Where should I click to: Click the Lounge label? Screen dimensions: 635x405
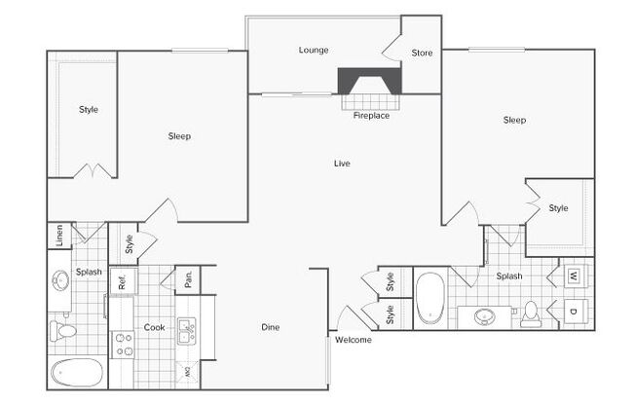coord(314,51)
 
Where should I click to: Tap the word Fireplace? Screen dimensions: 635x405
coord(371,116)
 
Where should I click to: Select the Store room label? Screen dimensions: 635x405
coord(422,53)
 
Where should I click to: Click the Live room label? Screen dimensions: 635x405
coord(342,164)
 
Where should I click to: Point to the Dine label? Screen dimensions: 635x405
coord(271,327)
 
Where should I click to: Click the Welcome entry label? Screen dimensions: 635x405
coord(354,340)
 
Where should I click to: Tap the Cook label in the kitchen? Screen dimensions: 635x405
coord(154,327)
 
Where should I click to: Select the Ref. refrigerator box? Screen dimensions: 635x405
coord(124,280)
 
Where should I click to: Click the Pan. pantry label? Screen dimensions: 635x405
coord(188,279)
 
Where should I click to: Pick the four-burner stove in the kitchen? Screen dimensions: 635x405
coord(123,345)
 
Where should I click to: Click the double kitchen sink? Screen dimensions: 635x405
coord(187,331)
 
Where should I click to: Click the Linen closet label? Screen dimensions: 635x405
coord(59,236)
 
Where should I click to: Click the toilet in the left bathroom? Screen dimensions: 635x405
coord(62,331)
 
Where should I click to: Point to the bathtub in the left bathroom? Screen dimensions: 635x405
coord(77,372)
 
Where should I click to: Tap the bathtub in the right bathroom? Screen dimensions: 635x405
coord(430,298)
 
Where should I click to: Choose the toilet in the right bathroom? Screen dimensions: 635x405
coord(530,314)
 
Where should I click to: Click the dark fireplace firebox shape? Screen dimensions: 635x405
coord(369,81)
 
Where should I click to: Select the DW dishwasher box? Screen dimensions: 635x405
coord(187,372)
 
